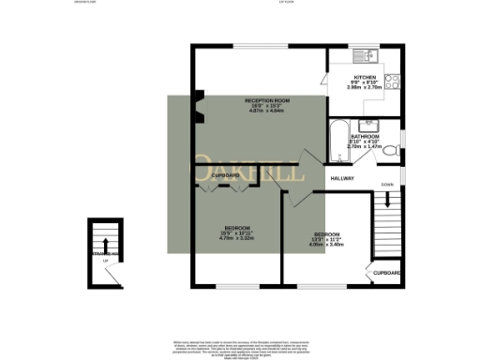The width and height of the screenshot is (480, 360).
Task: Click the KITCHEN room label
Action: [x=365, y=77]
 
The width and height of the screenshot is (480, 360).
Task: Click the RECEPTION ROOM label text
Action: [x=267, y=99]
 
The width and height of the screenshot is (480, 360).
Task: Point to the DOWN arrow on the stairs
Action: [x=387, y=201]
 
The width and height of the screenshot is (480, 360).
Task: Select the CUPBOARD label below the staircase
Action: [x=387, y=273]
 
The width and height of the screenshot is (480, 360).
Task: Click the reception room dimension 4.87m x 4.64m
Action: [x=267, y=112]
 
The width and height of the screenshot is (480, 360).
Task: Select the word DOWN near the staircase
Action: [x=386, y=185]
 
